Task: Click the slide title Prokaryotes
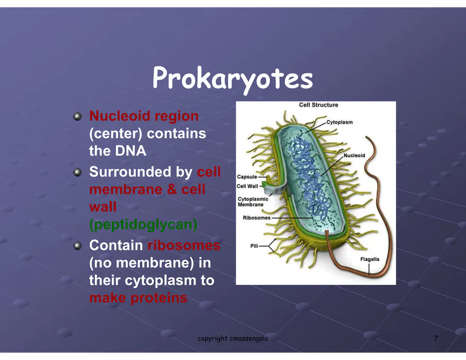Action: pyautogui.click(x=232, y=79)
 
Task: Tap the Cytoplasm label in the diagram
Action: pyautogui.click(x=339, y=122)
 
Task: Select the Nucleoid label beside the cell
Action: pyautogui.click(x=354, y=155)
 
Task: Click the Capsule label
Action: pyautogui.click(x=247, y=177)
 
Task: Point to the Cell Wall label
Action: pyautogui.click(x=247, y=186)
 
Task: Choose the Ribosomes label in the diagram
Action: pyautogui.click(x=257, y=218)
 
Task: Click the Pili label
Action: pyautogui.click(x=254, y=246)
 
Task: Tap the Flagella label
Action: pyautogui.click(x=370, y=259)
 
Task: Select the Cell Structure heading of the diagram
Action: pyautogui.click(x=318, y=105)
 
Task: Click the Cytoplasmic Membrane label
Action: pyautogui.click(x=253, y=201)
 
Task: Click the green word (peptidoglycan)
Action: pyautogui.click(x=143, y=225)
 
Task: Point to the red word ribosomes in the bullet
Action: pyautogui.click(x=184, y=246)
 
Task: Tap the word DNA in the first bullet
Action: pyautogui.click(x=131, y=151)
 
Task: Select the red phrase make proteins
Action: pyautogui.click(x=138, y=298)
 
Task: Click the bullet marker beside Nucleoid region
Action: pyautogui.click(x=77, y=116)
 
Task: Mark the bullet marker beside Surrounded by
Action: pyautogui.click(x=77, y=172)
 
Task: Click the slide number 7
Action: pyautogui.click(x=435, y=338)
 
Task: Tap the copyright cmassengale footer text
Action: pyautogui.click(x=233, y=339)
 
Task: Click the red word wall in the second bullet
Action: pyautogui.click(x=103, y=207)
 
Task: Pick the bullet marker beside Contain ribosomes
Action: pyautogui.click(x=77, y=246)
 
